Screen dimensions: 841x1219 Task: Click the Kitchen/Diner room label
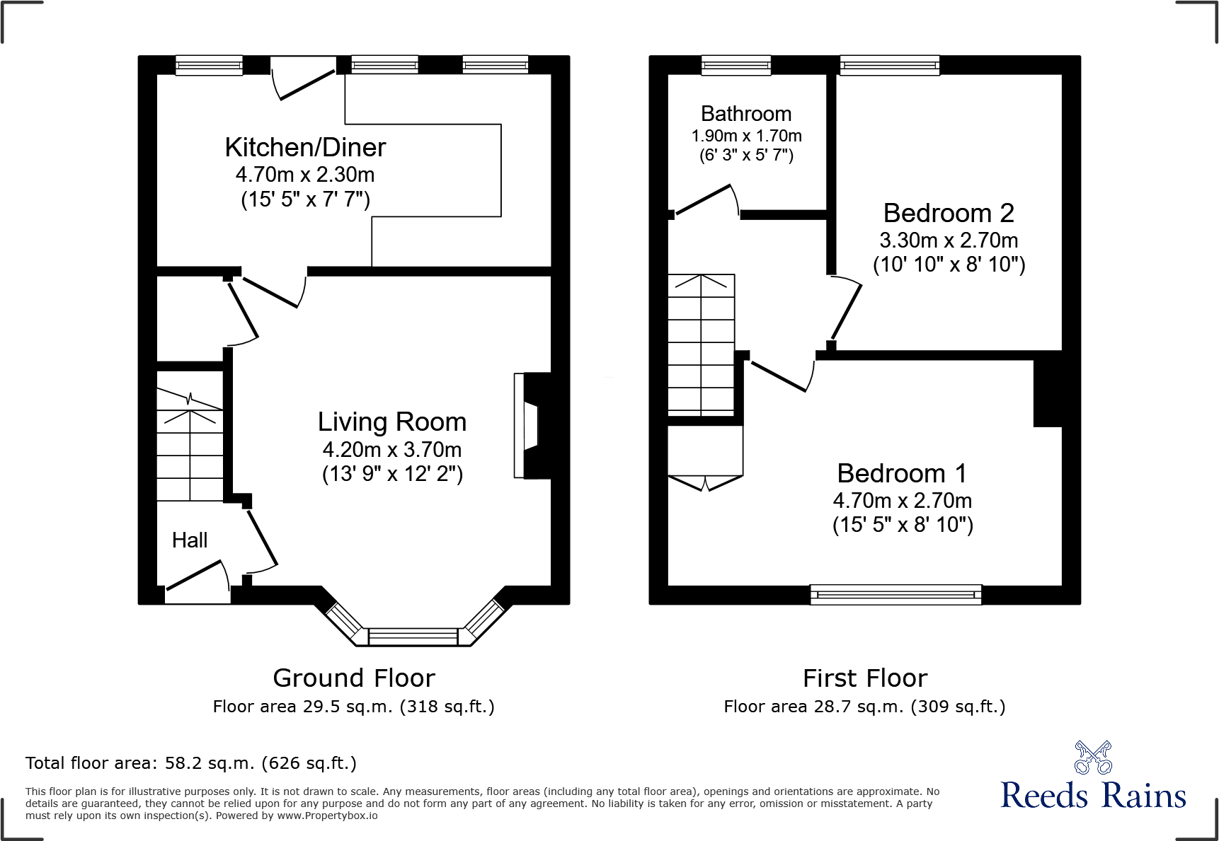(305, 148)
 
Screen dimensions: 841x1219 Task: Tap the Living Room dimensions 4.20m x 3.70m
(391, 450)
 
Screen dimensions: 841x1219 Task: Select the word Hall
(190, 540)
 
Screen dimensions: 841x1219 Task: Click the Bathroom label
(746, 114)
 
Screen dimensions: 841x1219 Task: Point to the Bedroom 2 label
(949, 213)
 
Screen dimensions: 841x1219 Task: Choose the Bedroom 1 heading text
(902, 473)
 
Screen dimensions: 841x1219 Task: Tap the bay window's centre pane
(413, 637)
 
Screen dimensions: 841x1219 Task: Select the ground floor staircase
(190, 446)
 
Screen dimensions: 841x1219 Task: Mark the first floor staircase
(702, 344)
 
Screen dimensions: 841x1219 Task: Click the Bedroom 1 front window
(895, 594)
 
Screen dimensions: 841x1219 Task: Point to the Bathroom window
(736, 66)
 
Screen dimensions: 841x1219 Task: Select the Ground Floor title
(353, 678)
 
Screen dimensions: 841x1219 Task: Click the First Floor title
(864, 678)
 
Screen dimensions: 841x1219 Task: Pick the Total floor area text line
(190, 763)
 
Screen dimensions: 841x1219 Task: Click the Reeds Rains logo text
(1092, 796)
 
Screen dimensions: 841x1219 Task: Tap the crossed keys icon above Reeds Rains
(1092, 758)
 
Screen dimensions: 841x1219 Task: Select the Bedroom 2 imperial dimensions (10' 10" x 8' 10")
(949, 265)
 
